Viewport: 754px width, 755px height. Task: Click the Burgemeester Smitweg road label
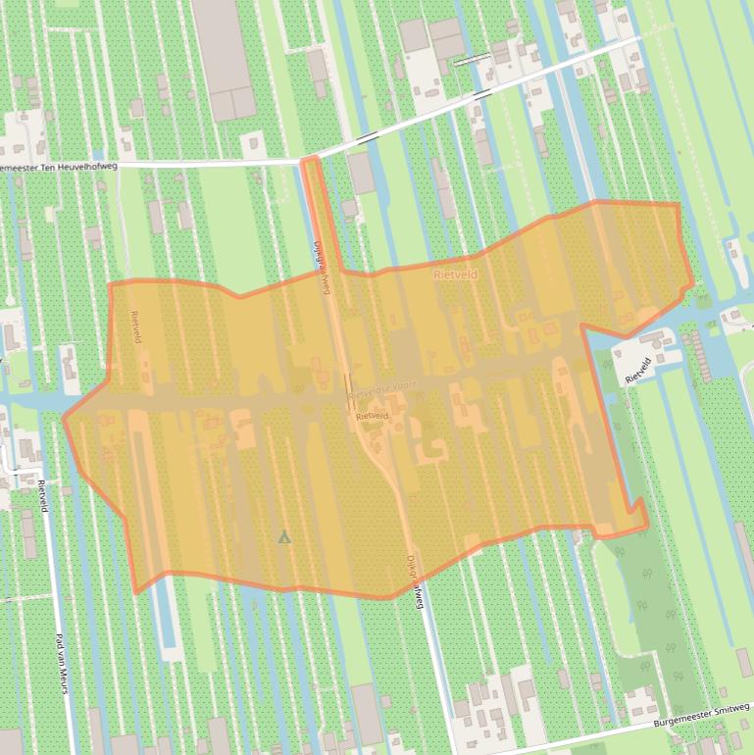tap(702, 723)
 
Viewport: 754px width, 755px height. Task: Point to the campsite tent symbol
tap(284, 536)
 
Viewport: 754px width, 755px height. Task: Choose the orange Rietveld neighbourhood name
tap(456, 276)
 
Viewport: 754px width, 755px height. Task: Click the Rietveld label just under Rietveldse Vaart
tap(373, 416)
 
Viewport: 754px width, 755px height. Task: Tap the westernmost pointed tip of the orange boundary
tap(64, 418)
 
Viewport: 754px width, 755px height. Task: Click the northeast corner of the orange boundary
tap(679, 204)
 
